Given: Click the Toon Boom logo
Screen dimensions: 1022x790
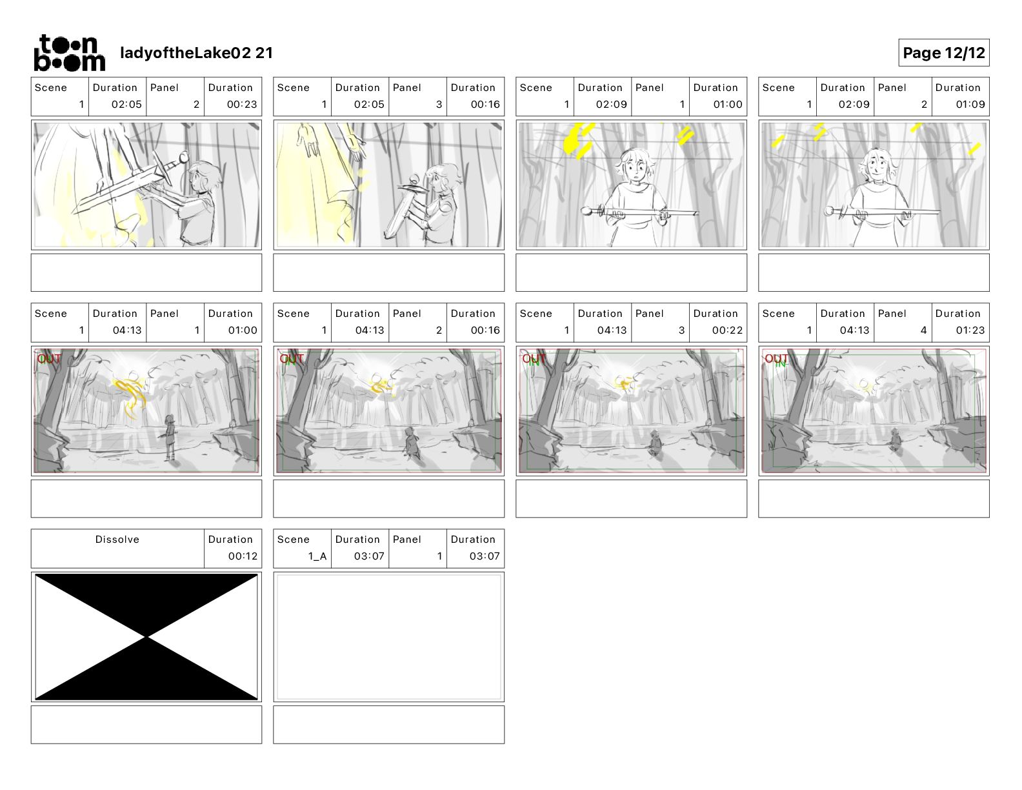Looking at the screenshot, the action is [69, 53].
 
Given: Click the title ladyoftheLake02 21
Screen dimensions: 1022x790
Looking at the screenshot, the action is [196, 53].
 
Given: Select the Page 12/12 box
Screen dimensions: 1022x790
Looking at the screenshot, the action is [943, 53].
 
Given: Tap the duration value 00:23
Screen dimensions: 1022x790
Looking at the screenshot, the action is [241, 104].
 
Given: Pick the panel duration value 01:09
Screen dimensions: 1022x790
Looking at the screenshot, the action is [970, 104].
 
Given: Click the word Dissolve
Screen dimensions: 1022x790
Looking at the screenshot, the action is [117, 540].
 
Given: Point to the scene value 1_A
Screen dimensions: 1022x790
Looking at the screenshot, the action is [317, 556].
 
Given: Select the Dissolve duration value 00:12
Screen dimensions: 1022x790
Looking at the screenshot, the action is [242, 556].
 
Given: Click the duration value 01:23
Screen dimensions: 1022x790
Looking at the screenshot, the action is [970, 330].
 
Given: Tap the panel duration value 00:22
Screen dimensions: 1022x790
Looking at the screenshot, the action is [727, 330].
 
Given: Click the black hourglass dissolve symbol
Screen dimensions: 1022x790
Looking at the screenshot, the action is [146, 637].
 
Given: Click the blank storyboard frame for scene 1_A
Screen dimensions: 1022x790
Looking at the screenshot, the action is [388, 637].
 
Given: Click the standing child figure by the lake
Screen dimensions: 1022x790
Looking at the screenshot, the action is [170, 437].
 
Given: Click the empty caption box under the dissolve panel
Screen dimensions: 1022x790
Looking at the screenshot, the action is [146, 724].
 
